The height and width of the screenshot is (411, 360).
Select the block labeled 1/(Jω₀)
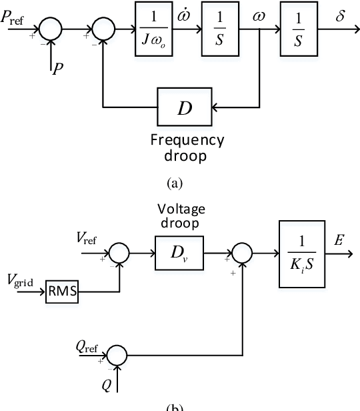pos(156,29)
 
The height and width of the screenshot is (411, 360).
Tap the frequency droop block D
pos(183,106)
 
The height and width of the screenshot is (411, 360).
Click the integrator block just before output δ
pos(299,29)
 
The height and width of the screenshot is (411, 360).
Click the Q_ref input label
pos(87,347)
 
